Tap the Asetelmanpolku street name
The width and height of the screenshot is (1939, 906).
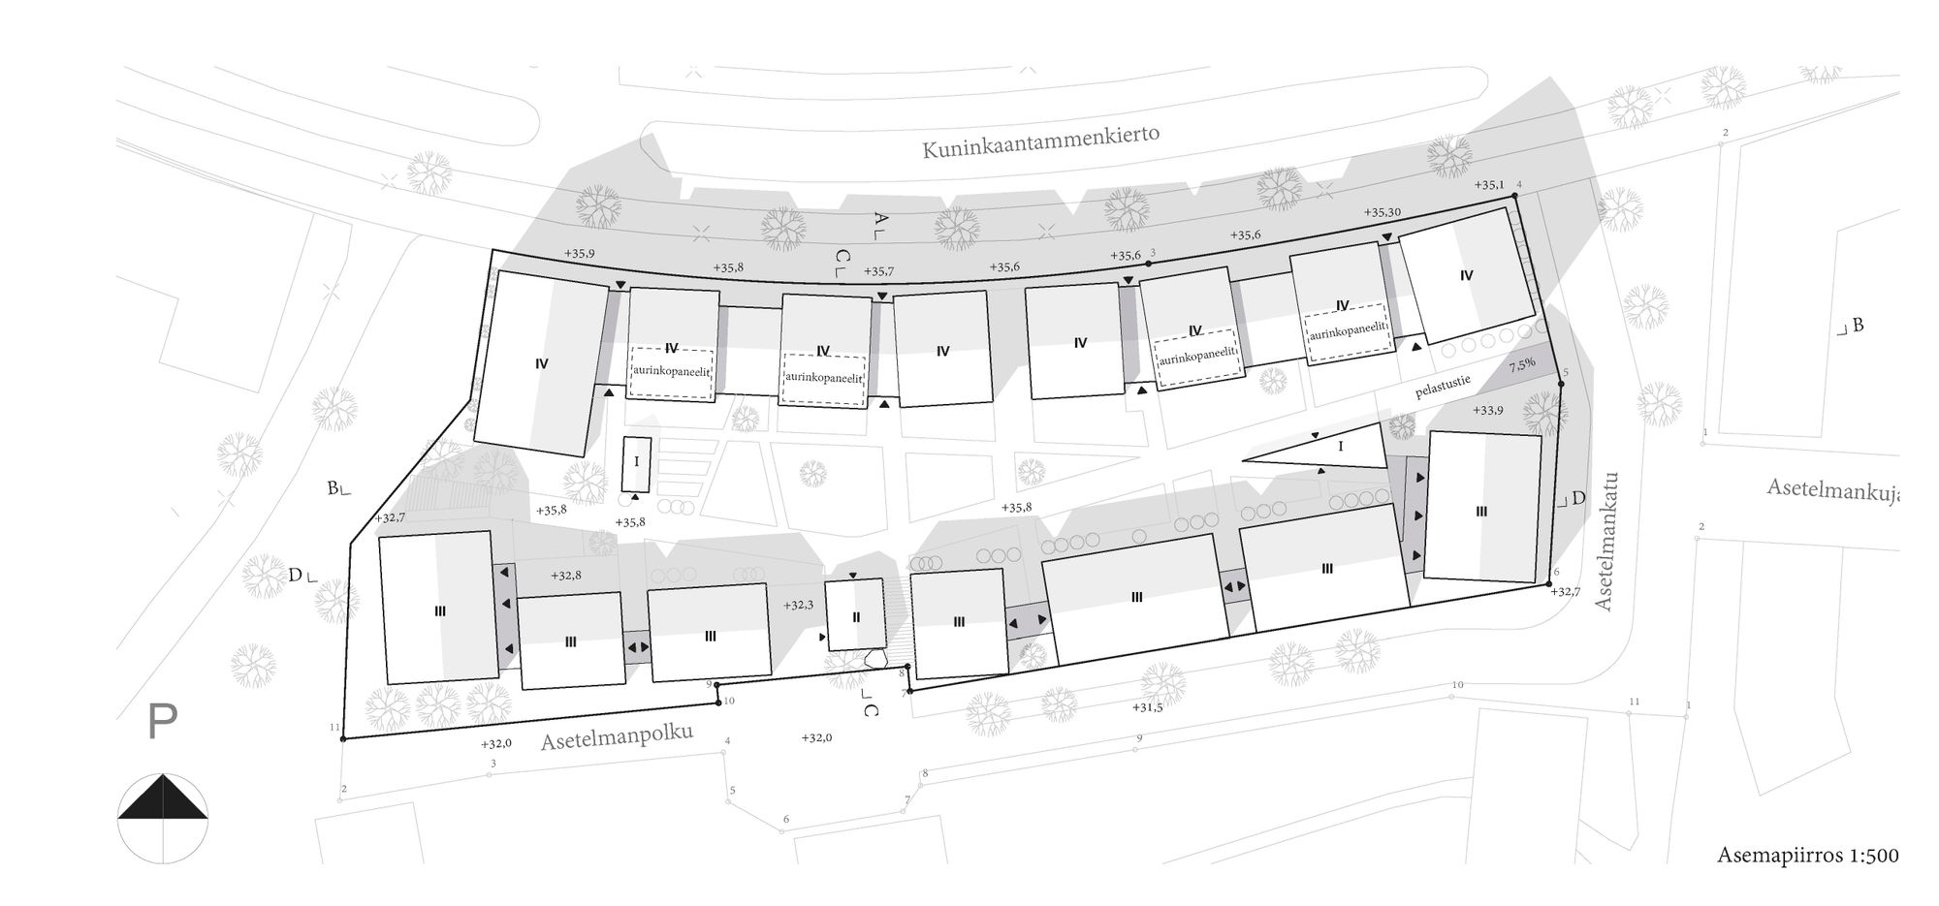pyautogui.click(x=617, y=737)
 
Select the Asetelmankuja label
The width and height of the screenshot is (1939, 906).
pyautogui.click(x=1831, y=490)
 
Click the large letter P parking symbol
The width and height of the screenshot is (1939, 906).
pyautogui.click(x=162, y=722)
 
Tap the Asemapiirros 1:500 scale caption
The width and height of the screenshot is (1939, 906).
pyautogui.click(x=1807, y=855)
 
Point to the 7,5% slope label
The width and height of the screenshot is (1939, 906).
pyautogui.click(x=1521, y=364)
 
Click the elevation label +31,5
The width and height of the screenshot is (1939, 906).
pyautogui.click(x=1148, y=707)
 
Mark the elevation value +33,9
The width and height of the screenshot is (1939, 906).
pyautogui.click(x=1488, y=410)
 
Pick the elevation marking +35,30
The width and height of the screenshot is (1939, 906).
pyautogui.click(x=1382, y=212)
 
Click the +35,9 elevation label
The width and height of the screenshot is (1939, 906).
pyautogui.click(x=579, y=254)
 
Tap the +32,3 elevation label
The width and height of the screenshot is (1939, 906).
pyautogui.click(x=799, y=605)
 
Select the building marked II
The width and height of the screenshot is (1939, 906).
pyautogui.click(x=855, y=615)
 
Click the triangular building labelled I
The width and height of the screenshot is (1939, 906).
pyautogui.click(x=1341, y=447)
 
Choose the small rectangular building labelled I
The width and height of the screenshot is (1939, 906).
pyautogui.click(x=636, y=462)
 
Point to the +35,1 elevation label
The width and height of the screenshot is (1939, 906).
pyautogui.click(x=1488, y=185)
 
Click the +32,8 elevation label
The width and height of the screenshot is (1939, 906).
pyautogui.click(x=565, y=576)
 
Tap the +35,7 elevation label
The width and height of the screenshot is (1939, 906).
pyautogui.click(x=878, y=272)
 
